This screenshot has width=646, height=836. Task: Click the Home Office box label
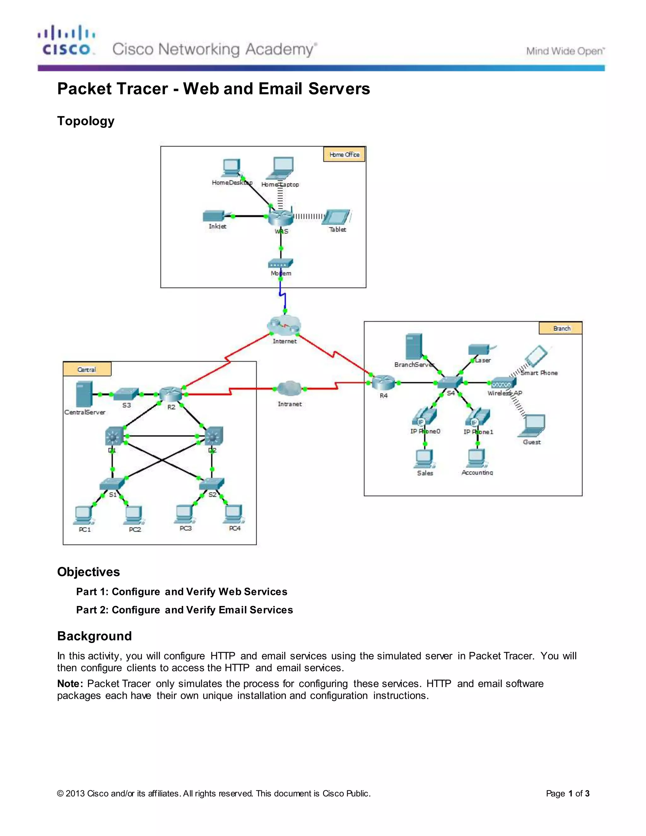point(344,155)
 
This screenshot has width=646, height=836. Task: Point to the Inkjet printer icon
point(214,216)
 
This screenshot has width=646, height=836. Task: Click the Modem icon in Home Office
point(280,263)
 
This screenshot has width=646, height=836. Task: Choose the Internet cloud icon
point(284,326)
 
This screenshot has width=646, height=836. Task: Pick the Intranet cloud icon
point(290,389)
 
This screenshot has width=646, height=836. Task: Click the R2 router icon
point(171,394)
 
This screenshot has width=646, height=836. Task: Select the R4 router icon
point(383,382)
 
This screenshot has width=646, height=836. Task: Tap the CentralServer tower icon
point(84,394)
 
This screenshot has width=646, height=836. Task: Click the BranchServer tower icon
point(414,347)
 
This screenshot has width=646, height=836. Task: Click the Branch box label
point(561,328)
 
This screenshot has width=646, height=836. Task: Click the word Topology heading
point(86,121)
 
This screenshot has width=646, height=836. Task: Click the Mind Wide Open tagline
point(565,51)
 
